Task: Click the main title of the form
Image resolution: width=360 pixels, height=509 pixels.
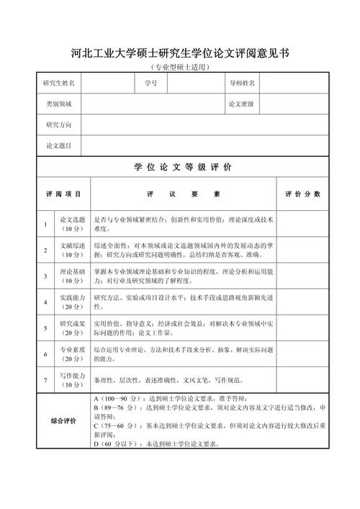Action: coord(180,53)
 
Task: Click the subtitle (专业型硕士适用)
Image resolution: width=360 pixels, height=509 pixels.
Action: coord(180,67)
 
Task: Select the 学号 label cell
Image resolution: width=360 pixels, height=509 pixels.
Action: coord(150,84)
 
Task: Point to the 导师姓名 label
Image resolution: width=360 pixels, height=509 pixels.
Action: coord(242,84)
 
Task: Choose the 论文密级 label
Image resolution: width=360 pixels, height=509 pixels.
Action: coord(242,104)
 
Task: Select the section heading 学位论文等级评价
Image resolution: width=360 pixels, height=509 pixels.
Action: coord(183,168)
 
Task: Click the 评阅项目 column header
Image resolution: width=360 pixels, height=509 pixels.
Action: coord(63,194)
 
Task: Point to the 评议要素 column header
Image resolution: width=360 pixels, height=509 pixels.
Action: coord(183,194)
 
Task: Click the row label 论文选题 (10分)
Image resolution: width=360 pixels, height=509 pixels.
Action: coord(72,224)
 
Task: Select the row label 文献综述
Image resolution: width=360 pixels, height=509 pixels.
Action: coord(72,250)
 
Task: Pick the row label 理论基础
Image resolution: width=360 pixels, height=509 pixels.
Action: coord(72,276)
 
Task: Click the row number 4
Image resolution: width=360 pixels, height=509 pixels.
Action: coord(45,302)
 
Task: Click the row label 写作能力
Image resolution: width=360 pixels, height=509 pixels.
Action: coord(72,380)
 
